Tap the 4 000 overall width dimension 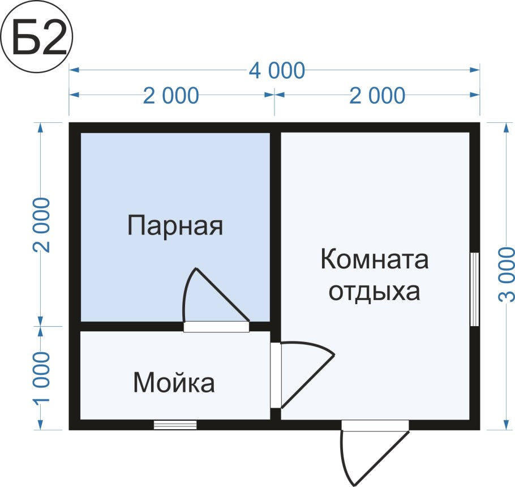[x=276, y=71]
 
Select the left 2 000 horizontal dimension [x=171, y=96]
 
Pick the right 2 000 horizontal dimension [x=377, y=96]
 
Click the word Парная [x=175, y=225]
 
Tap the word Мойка [x=174, y=383]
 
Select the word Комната [x=375, y=260]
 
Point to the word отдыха [x=375, y=292]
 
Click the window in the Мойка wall [x=175, y=425]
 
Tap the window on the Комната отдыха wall [x=475, y=289]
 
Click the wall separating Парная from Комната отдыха [x=275, y=227]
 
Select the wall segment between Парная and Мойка [x=130, y=326]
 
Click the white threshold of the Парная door [x=216, y=327]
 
